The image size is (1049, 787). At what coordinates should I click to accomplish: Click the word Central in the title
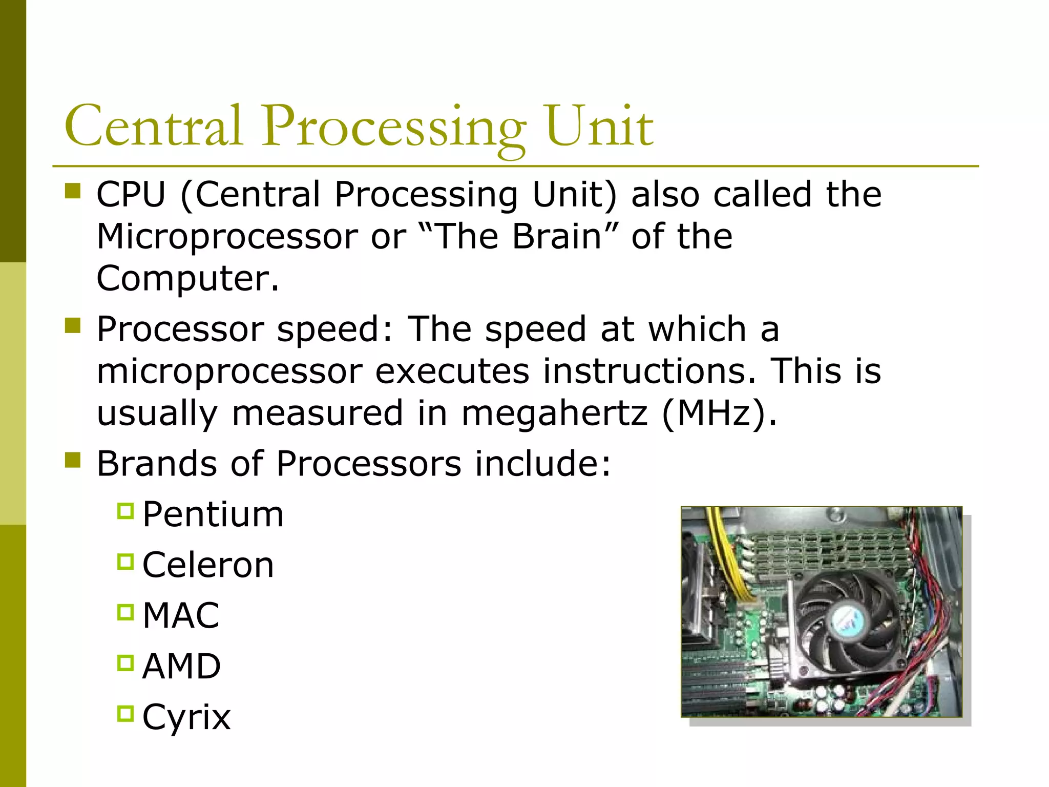(x=153, y=126)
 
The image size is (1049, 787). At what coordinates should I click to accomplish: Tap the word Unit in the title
(x=599, y=126)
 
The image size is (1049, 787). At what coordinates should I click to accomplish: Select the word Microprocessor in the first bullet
(x=227, y=237)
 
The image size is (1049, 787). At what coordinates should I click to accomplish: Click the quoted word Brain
(x=557, y=237)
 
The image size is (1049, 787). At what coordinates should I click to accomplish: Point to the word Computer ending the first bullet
(x=187, y=278)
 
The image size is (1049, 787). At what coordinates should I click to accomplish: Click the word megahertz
(x=554, y=413)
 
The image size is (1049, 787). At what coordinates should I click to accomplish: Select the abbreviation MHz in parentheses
(x=714, y=413)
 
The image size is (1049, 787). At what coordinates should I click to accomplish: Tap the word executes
(x=452, y=371)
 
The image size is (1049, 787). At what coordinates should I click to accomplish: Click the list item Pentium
(x=213, y=514)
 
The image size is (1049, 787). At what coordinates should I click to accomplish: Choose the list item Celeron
(x=208, y=565)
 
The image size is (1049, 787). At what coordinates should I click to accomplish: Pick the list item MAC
(x=181, y=615)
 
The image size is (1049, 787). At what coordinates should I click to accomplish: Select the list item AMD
(x=181, y=666)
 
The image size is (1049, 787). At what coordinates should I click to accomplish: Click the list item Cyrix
(x=186, y=717)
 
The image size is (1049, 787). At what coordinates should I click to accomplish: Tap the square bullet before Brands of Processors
(x=73, y=460)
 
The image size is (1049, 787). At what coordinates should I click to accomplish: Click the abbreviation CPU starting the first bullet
(x=131, y=195)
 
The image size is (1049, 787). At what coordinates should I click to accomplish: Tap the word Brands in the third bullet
(x=157, y=464)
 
